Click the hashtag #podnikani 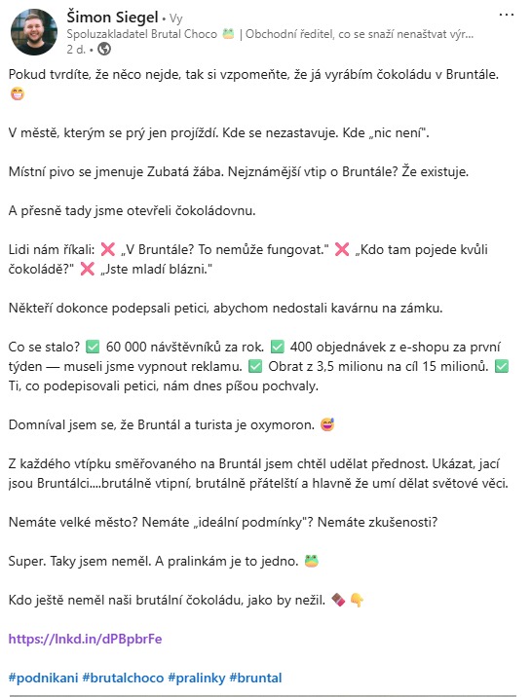tap(44, 677)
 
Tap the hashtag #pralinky tap(196, 677)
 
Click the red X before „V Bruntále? tap(107, 248)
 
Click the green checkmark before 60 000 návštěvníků tap(93, 348)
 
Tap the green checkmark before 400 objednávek tap(278, 348)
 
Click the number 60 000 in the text tap(128, 348)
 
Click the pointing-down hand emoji tap(358, 601)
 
